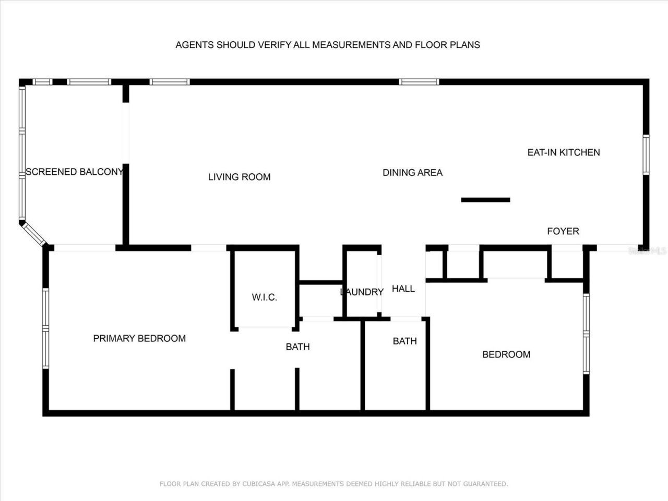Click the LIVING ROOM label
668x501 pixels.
239,177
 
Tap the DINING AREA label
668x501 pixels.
412,173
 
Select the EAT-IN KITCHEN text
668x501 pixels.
564,152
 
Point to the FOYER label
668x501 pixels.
563,231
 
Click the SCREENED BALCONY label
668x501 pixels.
74,172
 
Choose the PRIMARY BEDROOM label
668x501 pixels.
139,338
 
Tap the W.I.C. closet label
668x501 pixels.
264,297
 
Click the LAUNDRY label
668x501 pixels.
362,292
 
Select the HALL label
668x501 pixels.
403,289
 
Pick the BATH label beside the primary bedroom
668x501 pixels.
297,347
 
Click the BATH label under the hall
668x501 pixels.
404,341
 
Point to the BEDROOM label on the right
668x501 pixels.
506,354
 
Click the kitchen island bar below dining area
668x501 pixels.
485,200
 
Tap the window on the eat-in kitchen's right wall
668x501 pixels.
646,154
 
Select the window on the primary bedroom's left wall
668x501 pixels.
46,329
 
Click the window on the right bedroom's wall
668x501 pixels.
586,333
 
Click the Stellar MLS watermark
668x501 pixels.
647,251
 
